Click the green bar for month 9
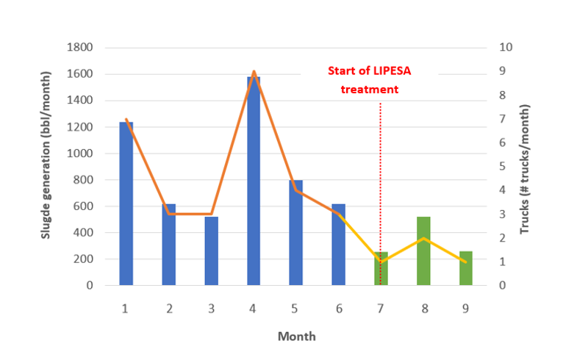[x=466, y=268]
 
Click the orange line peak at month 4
[x=254, y=72]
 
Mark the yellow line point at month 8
[x=423, y=238]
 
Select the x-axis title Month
[x=296, y=336]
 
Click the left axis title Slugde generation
[x=45, y=165]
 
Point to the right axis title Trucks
[x=524, y=169]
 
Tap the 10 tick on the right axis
[x=505, y=47]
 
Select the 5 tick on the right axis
[x=502, y=166]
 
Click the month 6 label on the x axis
[x=338, y=309]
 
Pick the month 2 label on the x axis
[x=168, y=309]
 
